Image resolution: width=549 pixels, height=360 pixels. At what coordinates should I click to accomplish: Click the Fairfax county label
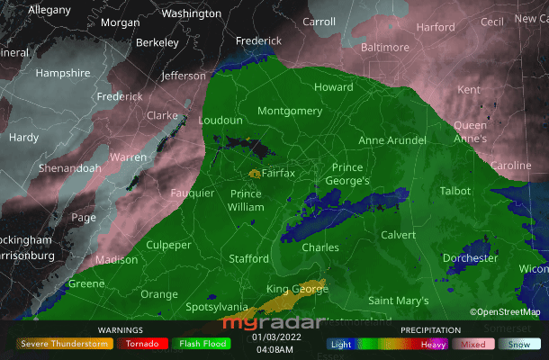(278, 173)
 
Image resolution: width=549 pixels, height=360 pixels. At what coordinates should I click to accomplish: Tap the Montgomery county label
(289, 111)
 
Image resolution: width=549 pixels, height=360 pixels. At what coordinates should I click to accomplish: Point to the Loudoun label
(220, 120)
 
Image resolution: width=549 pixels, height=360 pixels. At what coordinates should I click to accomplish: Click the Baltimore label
(384, 47)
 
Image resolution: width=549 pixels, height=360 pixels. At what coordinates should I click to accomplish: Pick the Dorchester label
(470, 258)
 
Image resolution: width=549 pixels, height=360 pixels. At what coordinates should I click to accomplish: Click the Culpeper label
(168, 245)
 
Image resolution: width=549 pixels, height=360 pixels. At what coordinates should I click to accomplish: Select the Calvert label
(399, 235)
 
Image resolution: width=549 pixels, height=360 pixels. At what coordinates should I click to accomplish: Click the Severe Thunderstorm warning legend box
(64, 344)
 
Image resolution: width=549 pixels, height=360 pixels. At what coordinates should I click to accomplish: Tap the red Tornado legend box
(142, 344)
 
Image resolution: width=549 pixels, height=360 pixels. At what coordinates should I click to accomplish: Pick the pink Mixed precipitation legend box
(472, 344)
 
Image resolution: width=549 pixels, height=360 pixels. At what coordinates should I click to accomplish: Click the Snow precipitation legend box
(521, 344)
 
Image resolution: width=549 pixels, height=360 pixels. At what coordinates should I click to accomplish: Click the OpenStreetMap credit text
(505, 312)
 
